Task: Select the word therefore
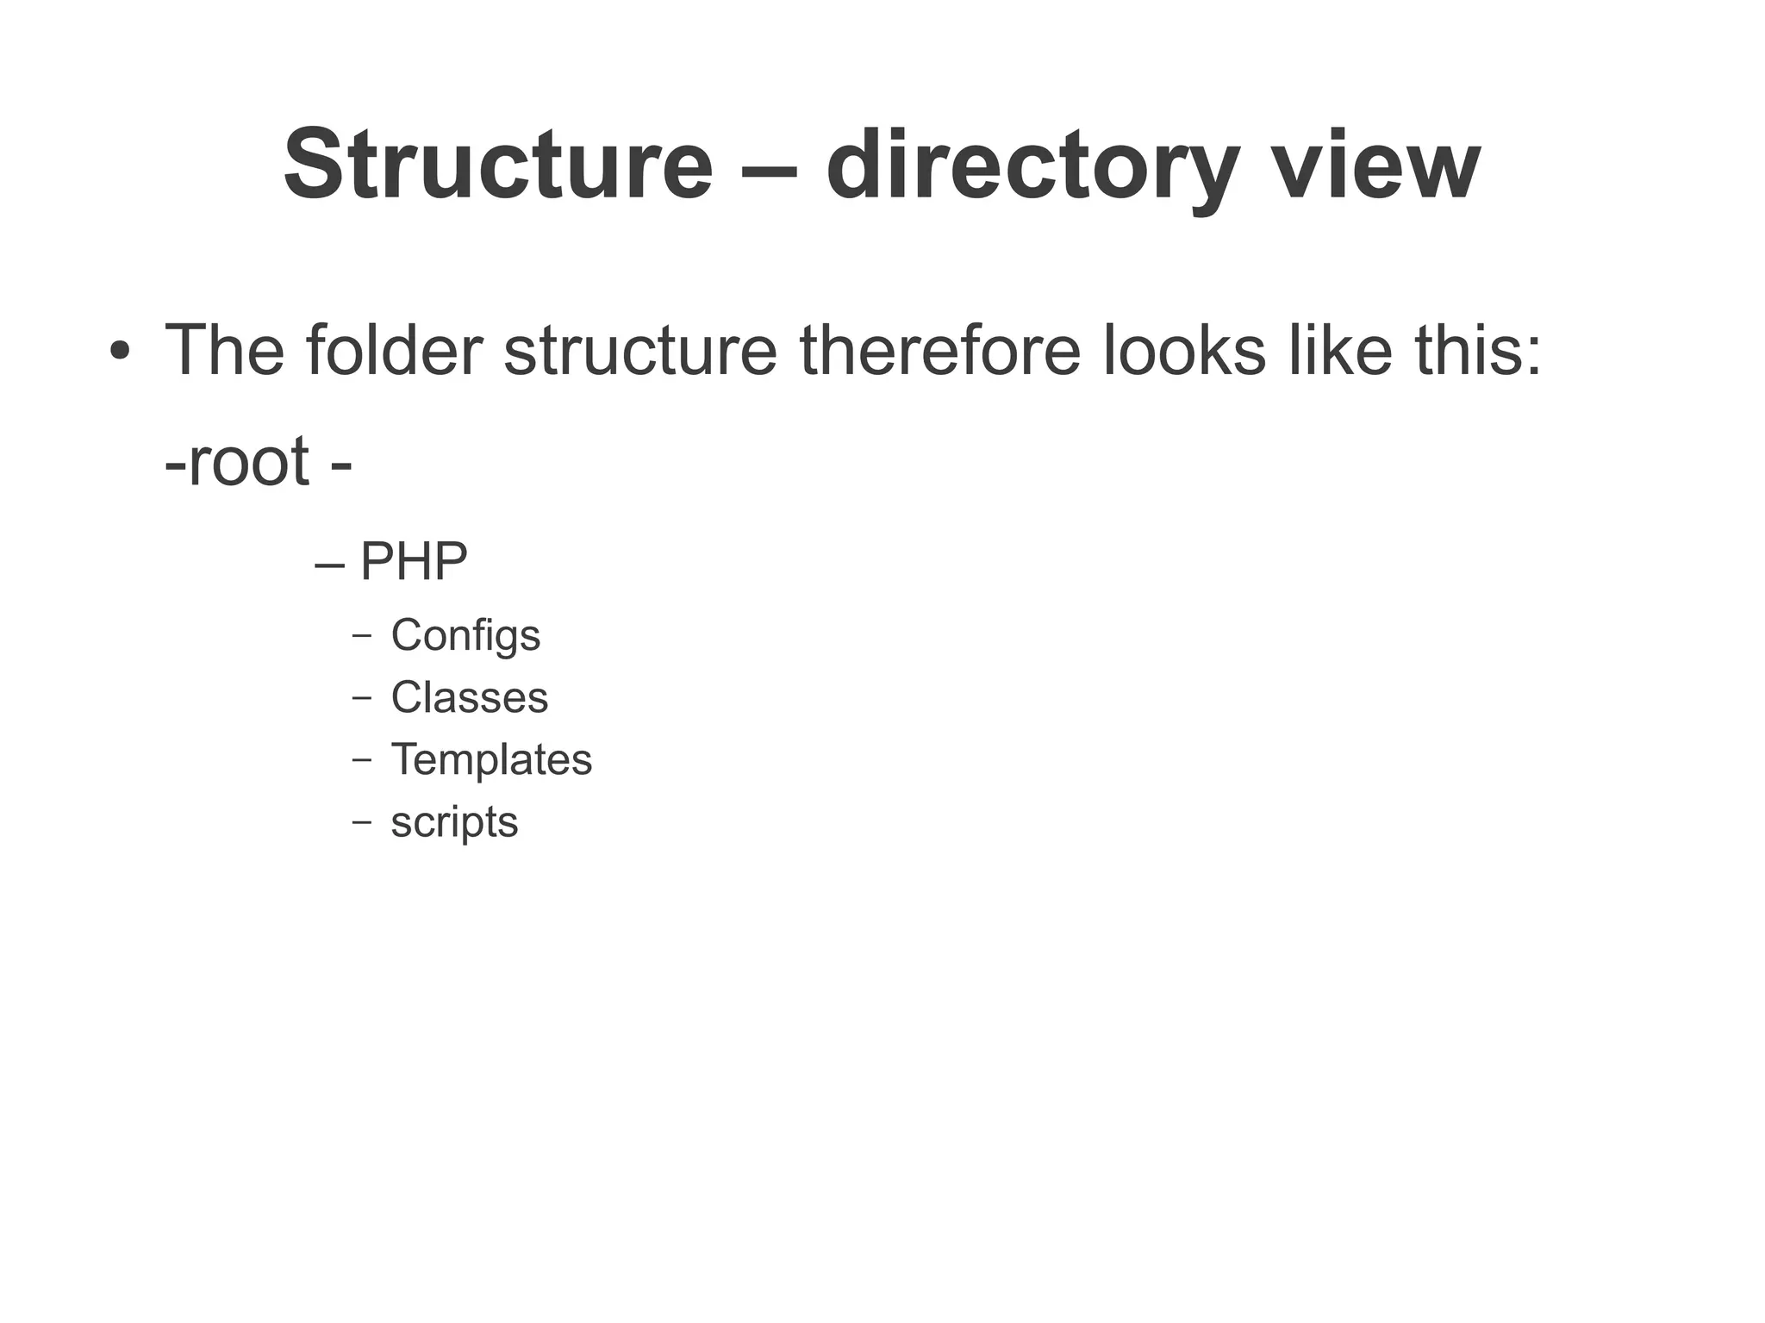tap(939, 350)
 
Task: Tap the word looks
tap(1185, 350)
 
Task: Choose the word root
tap(248, 460)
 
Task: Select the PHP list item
tap(413, 561)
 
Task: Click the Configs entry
tap(465, 636)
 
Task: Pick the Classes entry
tap(469, 697)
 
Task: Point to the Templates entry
tap(491, 760)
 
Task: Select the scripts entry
tap(454, 822)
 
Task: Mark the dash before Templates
tap(362, 760)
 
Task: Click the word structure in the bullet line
tap(640, 350)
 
